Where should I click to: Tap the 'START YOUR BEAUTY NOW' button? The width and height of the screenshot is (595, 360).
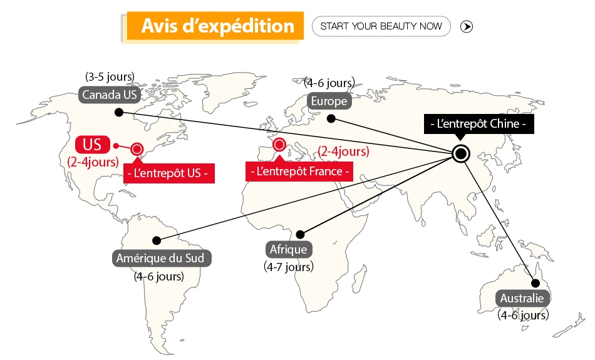pyautogui.click(x=381, y=26)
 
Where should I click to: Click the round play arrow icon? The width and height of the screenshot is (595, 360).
pyautogui.click(x=467, y=26)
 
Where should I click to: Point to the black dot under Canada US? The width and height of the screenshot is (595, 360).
pyautogui.click(x=118, y=113)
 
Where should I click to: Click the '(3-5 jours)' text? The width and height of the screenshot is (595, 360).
pyautogui.click(x=110, y=77)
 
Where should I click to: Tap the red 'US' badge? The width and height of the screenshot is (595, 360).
pyautogui.click(x=92, y=144)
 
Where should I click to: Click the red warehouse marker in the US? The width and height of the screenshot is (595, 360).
pyautogui.click(x=137, y=149)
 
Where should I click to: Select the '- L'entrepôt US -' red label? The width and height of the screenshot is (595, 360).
pyautogui.click(x=169, y=173)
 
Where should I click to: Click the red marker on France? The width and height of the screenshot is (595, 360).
pyautogui.click(x=279, y=145)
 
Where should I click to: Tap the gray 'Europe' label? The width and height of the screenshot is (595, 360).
pyautogui.click(x=328, y=101)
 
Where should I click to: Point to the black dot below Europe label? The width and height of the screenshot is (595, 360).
pyautogui.click(x=332, y=119)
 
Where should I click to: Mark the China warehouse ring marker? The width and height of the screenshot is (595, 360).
pyautogui.click(x=461, y=153)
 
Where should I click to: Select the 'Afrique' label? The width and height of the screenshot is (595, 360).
pyautogui.click(x=288, y=250)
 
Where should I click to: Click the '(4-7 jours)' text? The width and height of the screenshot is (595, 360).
pyautogui.click(x=288, y=267)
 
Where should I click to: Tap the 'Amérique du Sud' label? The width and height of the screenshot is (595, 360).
pyautogui.click(x=162, y=258)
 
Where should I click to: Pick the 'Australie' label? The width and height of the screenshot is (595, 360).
pyautogui.click(x=522, y=298)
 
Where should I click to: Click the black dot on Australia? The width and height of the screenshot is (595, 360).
pyautogui.click(x=535, y=283)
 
